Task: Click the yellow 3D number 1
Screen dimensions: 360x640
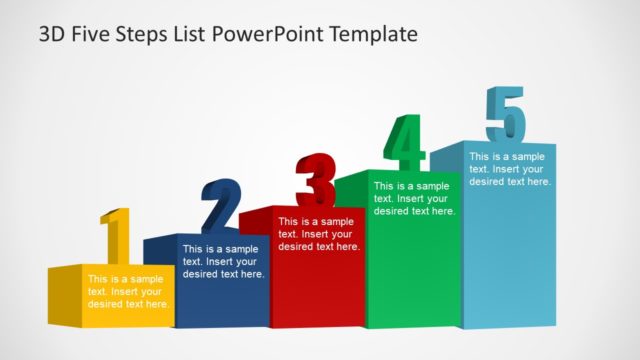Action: [116, 238]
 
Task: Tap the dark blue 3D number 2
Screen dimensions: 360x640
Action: [221, 206]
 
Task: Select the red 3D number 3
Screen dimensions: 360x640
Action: [316, 180]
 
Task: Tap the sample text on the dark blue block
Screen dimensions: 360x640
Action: [223, 261]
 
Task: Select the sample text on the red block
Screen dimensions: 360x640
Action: [319, 233]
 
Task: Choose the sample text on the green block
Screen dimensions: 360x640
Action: [414, 198]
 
